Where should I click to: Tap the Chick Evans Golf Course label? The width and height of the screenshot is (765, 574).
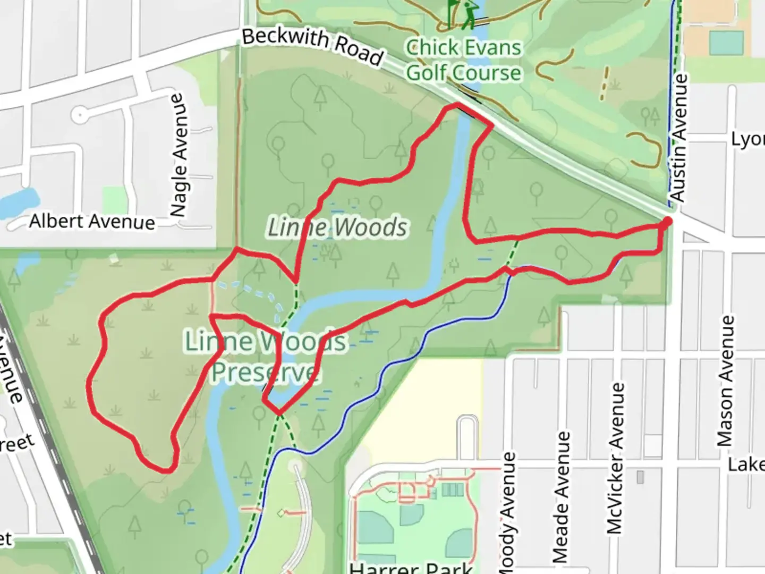click(463, 60)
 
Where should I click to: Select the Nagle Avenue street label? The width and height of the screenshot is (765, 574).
click(179, 155)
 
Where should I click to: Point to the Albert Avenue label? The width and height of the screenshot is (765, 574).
click(92, 221)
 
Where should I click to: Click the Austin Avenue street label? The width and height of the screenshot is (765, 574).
click(679, 138)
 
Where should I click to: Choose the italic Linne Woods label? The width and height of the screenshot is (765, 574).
click(337, 227)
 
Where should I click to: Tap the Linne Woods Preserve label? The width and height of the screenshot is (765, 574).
click(265, 356)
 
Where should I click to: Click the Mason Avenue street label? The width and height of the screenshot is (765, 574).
click(726, 381)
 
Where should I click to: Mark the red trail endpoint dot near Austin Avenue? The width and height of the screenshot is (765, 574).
click(667, 221)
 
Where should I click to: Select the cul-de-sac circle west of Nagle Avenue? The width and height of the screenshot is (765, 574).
click(80, 114)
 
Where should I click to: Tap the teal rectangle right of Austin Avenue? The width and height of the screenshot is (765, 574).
click(726, 43)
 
